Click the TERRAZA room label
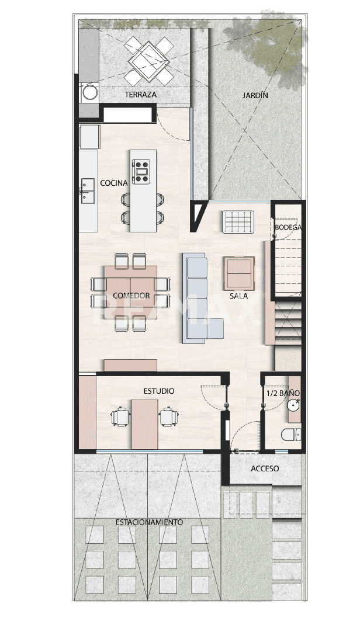tap(141, 95)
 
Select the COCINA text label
tap(114, 183)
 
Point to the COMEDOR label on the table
tap(131, 296)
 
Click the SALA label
tap(238, 296)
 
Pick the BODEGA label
tap(288, 227)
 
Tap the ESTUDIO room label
tap(159, 391)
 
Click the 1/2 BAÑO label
tap(283, 394)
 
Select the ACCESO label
tap(265, 468)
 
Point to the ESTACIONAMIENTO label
tap(149, 522)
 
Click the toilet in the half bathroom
tap(290, 435)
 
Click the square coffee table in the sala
tap(238, 273)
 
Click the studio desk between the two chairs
tap(144, 423)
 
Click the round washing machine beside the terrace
tap(90, 92)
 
